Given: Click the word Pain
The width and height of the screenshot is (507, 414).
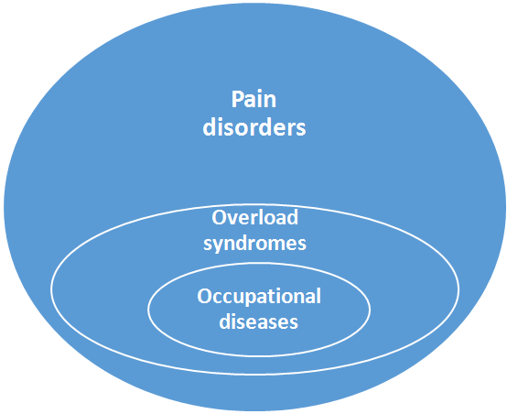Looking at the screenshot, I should (x=253, y=99).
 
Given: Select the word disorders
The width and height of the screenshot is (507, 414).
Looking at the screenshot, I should (x=253, y=127).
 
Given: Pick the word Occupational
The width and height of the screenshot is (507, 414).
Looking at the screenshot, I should (x=259, y=297).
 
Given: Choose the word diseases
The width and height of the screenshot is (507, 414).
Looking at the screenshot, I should (x=259, y=321).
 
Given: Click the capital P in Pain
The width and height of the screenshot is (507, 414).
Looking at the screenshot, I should (x=237, y=99).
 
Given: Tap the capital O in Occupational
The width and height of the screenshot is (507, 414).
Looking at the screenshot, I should (x=204, y=297).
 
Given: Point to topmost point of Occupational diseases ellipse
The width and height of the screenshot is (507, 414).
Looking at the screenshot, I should (x=259, y=268).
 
